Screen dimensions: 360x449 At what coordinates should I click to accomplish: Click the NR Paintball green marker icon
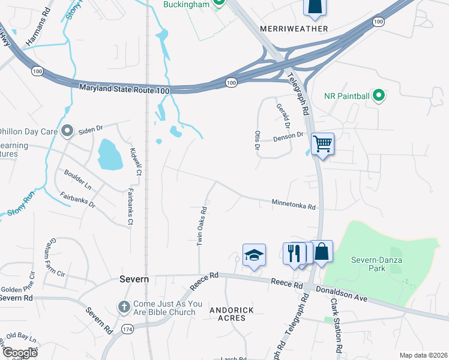tap(378, 95)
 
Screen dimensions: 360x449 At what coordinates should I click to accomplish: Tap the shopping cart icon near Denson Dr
tap(323, 144)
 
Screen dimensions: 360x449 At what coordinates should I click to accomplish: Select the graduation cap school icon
tap(254, 255)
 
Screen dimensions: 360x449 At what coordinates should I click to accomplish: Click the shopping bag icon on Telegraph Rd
tap(322, 252)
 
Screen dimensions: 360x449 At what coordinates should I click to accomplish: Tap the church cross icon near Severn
tap(124, 307)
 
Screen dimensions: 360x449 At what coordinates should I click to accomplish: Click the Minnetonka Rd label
tap(294, 205)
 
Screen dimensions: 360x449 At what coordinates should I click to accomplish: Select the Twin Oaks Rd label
tap(203, 226)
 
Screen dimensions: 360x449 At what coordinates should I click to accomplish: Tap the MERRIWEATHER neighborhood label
tap(294, 29)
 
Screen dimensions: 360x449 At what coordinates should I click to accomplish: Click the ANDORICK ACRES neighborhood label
tap(232, 314)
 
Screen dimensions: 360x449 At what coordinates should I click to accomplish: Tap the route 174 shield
tap(127, 330)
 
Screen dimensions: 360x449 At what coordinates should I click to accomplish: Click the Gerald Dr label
tap(283, 117)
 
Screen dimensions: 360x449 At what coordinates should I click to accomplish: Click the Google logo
tap(20, 353)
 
